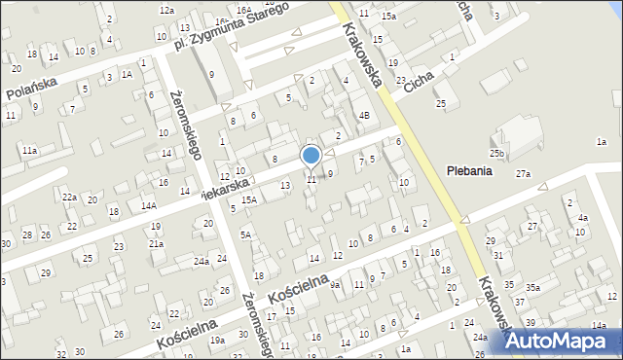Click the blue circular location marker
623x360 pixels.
311,155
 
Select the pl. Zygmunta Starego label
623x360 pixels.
232,30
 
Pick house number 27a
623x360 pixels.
524,173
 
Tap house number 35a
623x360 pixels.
533,287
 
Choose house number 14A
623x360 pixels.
148,205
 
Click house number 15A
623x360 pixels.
249,199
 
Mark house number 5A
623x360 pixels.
246,234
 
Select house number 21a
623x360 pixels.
156,243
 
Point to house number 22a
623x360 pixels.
70,197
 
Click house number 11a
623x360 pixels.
30,150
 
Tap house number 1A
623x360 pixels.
127,74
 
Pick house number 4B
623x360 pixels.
364,115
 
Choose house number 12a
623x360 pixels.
166,10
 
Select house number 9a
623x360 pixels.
334,284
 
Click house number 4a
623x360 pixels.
582,218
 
